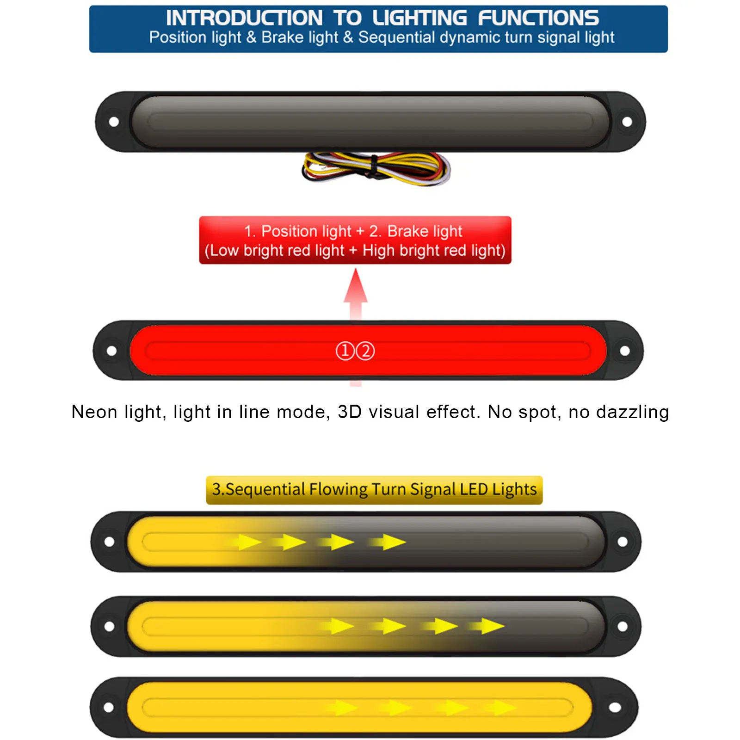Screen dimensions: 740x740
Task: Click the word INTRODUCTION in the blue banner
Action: coord(244,18)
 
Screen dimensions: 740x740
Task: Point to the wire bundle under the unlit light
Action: coord(376,169)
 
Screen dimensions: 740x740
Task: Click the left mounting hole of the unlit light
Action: coord(114,122)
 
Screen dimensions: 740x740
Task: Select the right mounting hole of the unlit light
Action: coord(627,122)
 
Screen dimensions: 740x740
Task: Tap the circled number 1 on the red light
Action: coord(345,351)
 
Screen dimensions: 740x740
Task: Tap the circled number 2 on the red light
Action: coord(365,351)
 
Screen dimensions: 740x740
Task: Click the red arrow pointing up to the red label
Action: coord(355,291)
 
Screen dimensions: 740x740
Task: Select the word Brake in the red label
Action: coord(408,231)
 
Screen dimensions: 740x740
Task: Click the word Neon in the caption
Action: coord(94,412)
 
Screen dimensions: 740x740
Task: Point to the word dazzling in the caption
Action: coord(632,412)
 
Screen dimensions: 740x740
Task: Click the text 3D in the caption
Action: coord(350,412)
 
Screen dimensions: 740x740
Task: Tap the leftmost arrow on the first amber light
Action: coord(247,542)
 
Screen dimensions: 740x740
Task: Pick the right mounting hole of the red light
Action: coord(624,351)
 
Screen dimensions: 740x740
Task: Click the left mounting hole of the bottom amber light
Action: coord(109,707)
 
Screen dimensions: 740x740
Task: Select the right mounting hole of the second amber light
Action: coord(623,626)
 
